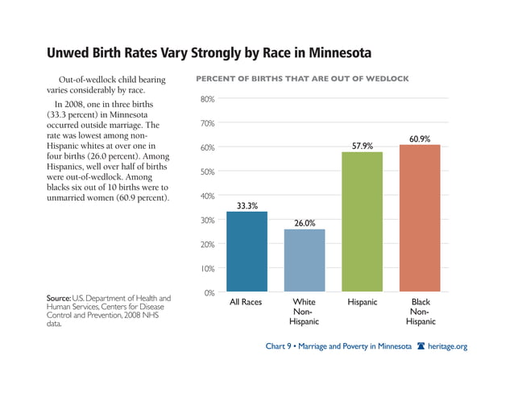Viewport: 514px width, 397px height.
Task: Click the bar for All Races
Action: point(247,251)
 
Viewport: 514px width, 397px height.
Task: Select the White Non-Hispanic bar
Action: point(305,260)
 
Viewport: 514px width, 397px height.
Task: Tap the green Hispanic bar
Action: point(363,221)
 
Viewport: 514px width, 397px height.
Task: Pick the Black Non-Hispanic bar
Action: point(420,218)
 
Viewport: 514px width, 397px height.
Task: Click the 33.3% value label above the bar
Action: point(247,205)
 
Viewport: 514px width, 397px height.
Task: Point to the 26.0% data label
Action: point(305,223)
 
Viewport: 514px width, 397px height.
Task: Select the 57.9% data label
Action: point(363,146)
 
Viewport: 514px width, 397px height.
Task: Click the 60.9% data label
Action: point(420,139)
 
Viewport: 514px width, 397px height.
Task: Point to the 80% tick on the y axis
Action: point(207,100)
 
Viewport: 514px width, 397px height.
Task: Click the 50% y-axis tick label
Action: point(207,172)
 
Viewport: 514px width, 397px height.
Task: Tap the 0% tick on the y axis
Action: point(209,293)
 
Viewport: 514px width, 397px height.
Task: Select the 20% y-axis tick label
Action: point(207,245)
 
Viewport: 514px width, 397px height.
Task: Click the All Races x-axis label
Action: point(247,303)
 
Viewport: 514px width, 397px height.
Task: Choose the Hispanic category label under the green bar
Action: point(363,303)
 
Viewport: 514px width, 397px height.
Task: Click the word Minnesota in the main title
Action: point(332,55)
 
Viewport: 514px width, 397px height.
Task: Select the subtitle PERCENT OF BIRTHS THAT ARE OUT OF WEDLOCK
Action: point(302,79)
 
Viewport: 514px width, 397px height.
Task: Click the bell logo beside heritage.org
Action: point(421,346)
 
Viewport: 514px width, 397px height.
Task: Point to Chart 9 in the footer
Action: point(282,346)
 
